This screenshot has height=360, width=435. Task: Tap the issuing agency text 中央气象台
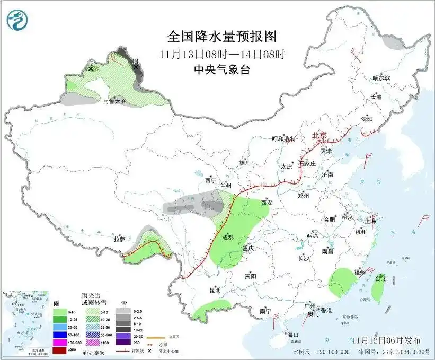(222, 69)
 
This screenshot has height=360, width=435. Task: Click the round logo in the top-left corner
(16, 20)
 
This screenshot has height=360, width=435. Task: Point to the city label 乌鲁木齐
(114, 101)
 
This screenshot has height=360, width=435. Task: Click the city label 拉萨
(119, 239)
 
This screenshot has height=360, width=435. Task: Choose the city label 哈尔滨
(381, 78)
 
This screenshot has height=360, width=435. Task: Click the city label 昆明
(215, 290)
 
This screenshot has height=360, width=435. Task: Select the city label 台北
(380, 278)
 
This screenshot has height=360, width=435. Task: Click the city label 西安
(268, 203)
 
